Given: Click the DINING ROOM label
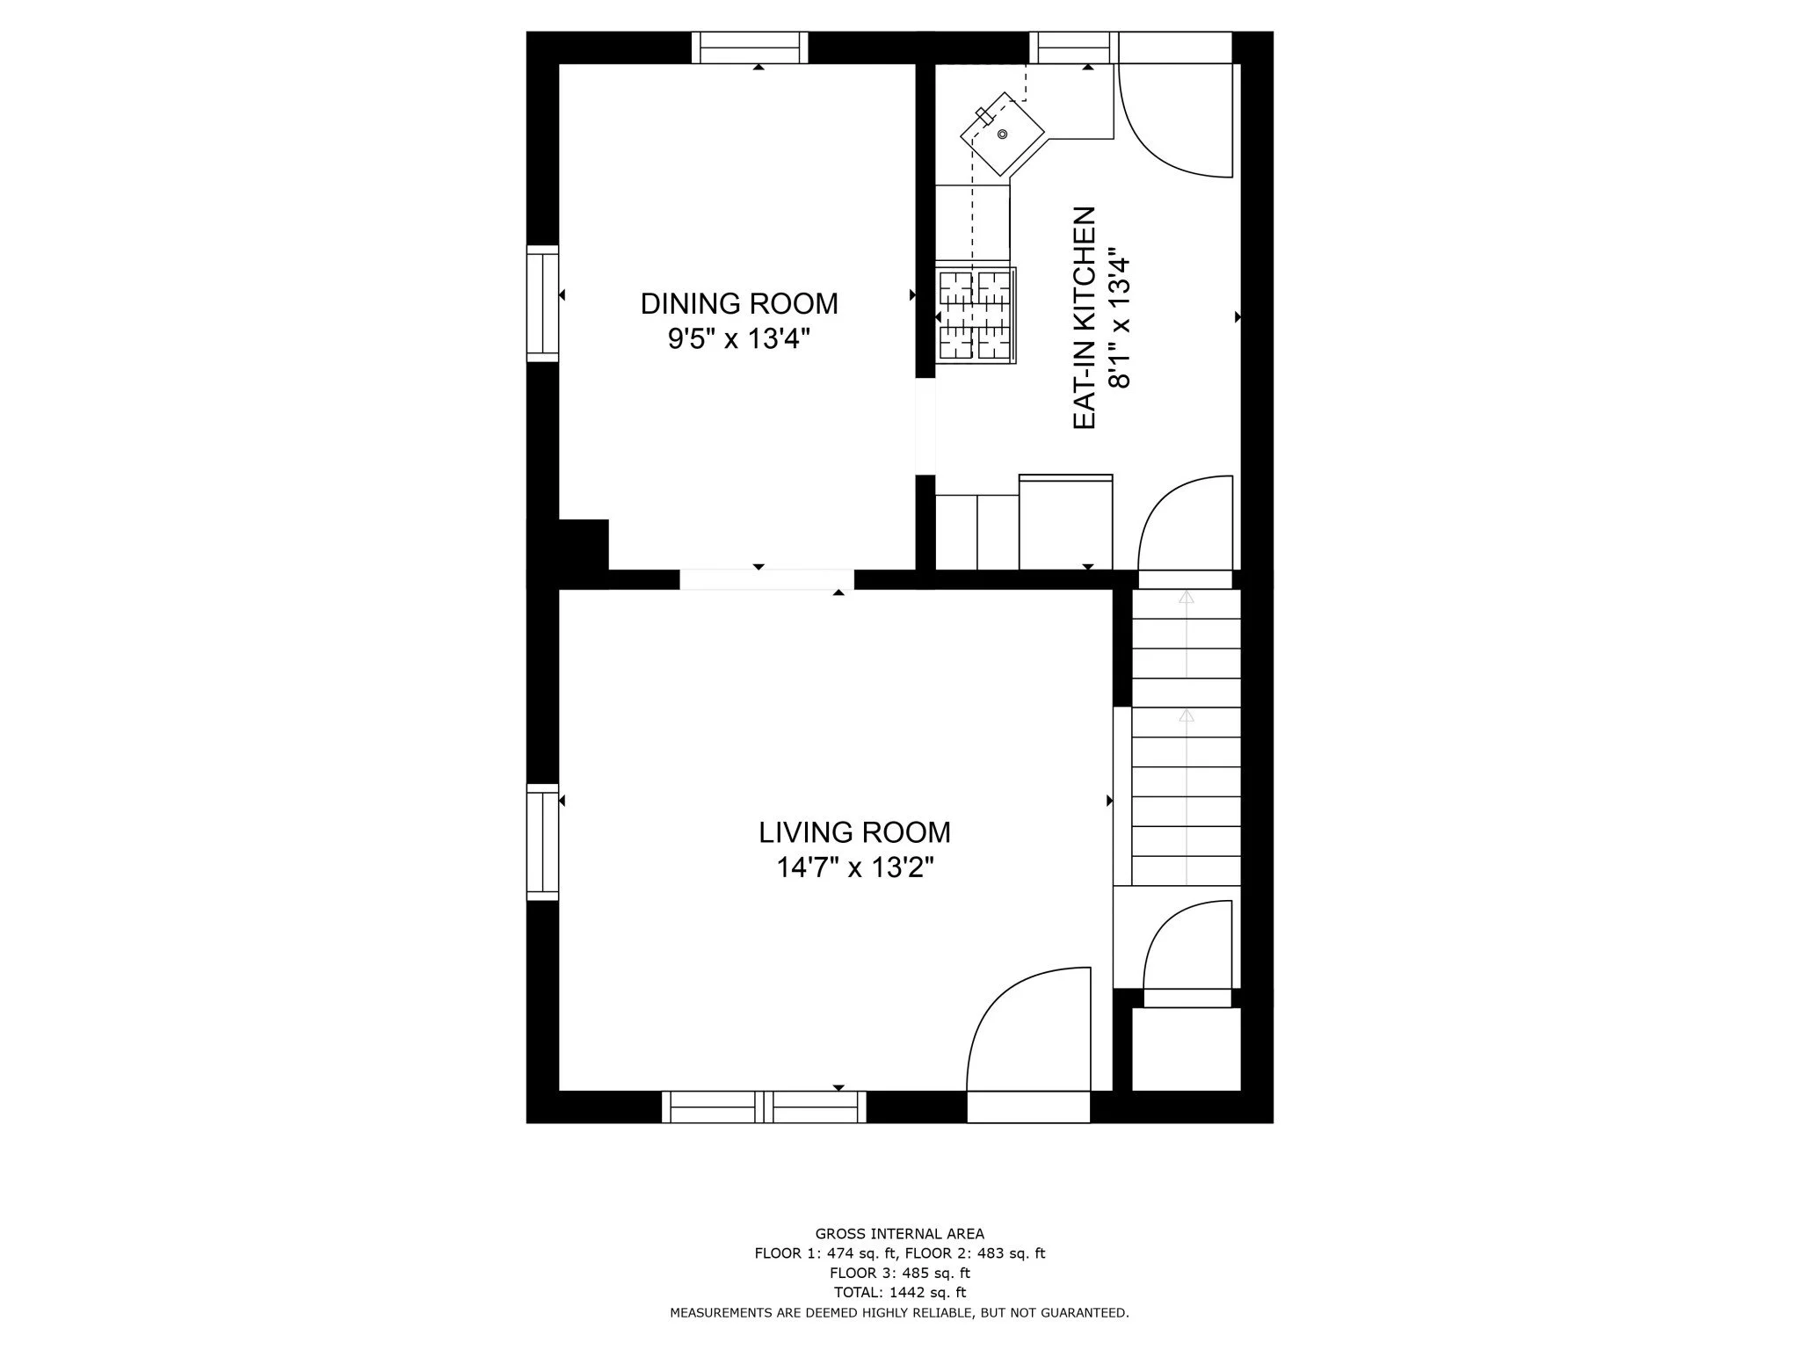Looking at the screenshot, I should pyautogui.click(x=738, y=304).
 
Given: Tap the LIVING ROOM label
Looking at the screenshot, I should pyautogui.click(x=854, y=832).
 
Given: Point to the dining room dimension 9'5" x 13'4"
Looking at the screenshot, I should pyautogui.click(x=738, y=339).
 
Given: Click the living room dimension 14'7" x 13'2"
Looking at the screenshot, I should pyautogui.click(x=854, y=868).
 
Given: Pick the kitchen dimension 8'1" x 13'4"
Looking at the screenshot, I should pyautogui.click(x=1118, y=322).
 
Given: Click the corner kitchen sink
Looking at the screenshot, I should pyautogui.click(x=1002, y=134).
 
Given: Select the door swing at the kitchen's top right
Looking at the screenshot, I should pyautogui.click(x=1173, y=119).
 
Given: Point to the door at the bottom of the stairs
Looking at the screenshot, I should pyautogui.click(x=1187, y=949).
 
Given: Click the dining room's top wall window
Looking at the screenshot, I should pyautogui.click(x=749, y=47).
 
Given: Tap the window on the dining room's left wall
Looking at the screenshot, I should pyautogui.click(x=542, y=303).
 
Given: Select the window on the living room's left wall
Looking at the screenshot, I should pyautogui.click(x=542, y=842).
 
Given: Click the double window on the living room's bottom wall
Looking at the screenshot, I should pyautogui.click(x=763, y=1107).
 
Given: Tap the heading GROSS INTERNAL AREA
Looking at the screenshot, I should pyautogui.click(x=899, y=1234).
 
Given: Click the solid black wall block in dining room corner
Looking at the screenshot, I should pyautogui.click(x=583, y=545).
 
